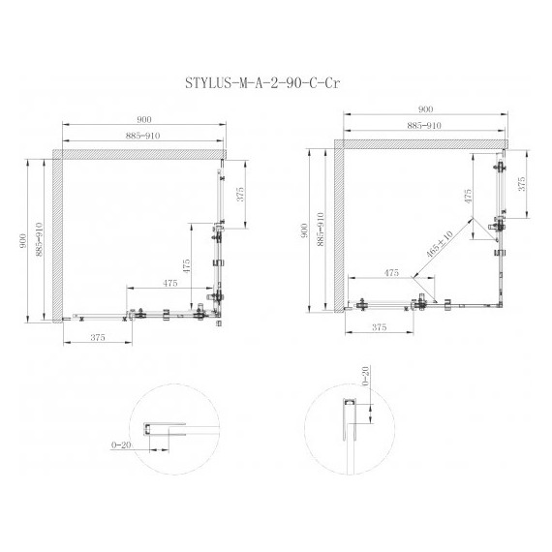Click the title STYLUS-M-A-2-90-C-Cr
(x=262, y=83)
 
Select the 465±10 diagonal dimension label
(x=440, y=244)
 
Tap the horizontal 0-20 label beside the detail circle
(x=121, y=445)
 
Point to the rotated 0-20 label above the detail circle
(x=366, y=376)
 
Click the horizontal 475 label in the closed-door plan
(x=169, y=283)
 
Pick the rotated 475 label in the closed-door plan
(x=186, y=266)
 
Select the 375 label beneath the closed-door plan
(x=98, y=337)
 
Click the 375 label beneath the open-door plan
(x=379, y=327)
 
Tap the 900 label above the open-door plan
(x=425, y=109)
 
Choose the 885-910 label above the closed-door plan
(x=142, y=136)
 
